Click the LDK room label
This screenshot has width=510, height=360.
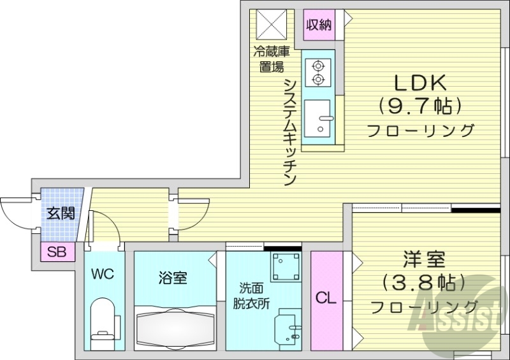tap(420, 82)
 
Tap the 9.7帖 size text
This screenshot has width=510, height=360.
tap(420, 105)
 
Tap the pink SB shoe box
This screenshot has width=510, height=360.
tap(57, 252)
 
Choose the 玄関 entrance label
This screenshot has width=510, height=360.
tap(59, 213)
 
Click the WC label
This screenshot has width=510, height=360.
tap(102, 275)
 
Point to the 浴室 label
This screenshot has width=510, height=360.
tap(172, 278)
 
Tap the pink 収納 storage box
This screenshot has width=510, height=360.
tap(319, 25)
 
